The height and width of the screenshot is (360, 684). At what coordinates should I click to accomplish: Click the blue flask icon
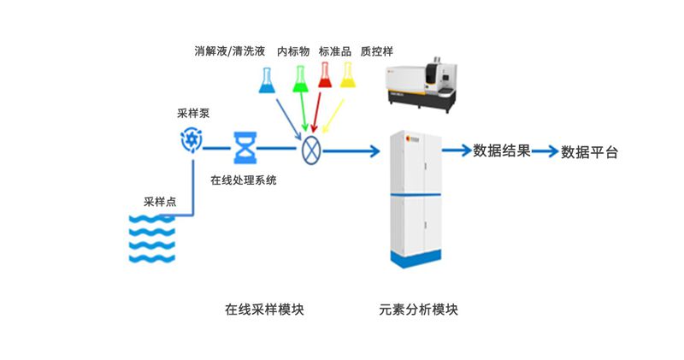click(267, 80)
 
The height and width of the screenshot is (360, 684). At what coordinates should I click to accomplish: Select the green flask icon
click(300, 79)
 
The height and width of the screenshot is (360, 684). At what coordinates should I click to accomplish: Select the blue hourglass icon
click(245, 148)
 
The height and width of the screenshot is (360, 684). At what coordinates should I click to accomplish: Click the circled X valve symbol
click(311, 150)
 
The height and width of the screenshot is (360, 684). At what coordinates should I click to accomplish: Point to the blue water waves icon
click(152, 239)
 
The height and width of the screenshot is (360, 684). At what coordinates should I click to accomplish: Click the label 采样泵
click(193, 114)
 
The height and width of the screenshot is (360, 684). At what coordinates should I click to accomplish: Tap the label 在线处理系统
click(244, 180)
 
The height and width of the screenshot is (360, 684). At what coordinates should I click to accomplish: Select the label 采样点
click(160, 202)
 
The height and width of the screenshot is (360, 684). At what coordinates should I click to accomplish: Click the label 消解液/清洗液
click(230, 51)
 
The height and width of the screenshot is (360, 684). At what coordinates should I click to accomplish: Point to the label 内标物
click(293, 51)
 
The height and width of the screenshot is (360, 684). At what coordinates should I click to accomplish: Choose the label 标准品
click(335, 51)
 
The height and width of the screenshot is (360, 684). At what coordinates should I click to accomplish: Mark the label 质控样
click(376, 51)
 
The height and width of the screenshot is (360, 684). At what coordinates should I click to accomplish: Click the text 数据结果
click(502, 151)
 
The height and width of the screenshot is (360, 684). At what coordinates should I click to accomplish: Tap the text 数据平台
click(589, 152)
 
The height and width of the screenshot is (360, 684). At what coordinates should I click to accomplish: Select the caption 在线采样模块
click(264, 310)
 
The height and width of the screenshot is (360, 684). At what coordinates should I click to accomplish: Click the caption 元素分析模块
click(418, 310)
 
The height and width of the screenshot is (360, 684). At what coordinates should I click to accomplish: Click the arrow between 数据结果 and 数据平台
click(545, 151)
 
